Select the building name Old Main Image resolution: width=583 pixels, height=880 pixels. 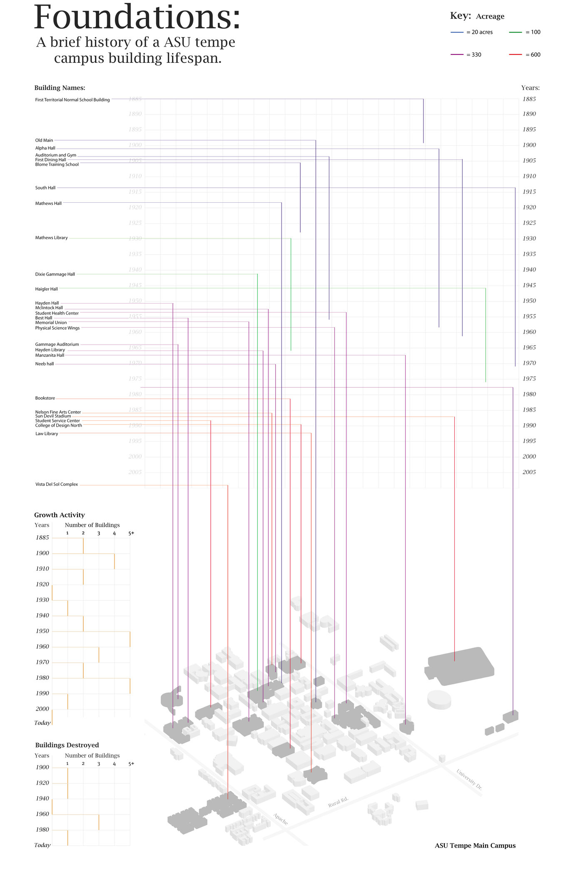44,140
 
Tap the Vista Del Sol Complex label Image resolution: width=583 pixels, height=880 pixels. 57,484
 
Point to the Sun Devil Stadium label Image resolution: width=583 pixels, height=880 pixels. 53,416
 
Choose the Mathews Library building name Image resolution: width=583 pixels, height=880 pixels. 51,238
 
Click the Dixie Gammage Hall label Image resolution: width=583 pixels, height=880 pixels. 55,274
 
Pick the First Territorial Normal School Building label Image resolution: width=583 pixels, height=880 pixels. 72,100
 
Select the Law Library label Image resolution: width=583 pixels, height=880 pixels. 47,434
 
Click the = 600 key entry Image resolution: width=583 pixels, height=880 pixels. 533,55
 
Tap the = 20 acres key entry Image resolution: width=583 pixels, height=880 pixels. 479,32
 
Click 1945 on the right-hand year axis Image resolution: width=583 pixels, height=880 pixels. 529,285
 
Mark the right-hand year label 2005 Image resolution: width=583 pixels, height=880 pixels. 529,472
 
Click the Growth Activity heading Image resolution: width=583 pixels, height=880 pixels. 60,515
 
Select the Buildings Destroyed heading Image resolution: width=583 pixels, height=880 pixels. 67,745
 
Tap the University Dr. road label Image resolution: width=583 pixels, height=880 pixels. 469,779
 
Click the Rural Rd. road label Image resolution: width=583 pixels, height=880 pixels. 338,802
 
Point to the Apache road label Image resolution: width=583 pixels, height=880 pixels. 280,819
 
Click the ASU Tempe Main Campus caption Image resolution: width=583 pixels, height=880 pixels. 475,845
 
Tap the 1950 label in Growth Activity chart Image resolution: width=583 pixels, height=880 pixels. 42,631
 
